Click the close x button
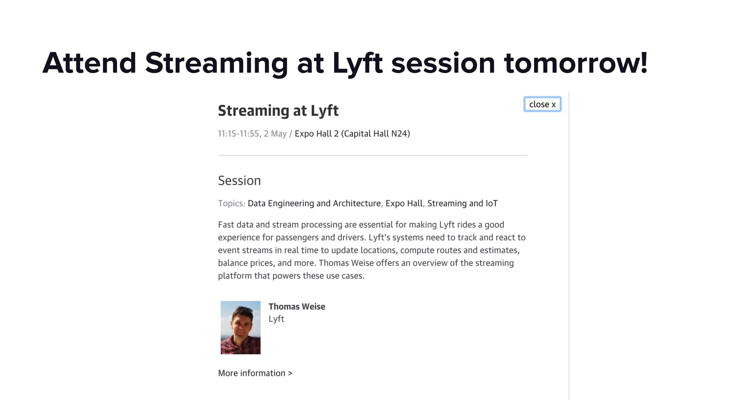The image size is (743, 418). click(542, 104)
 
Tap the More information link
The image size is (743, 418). click(255, 373)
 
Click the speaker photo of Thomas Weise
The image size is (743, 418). click(241, 328)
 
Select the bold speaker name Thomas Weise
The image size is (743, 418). click(297, 307)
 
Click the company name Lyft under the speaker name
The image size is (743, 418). click(276, 319)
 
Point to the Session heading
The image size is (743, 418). click(239, 181)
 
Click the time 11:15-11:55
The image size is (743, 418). click(238, 134)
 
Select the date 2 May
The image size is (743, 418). click(275, 134)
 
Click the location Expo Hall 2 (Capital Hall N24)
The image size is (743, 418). click(352, 134)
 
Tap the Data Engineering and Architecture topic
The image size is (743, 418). click(314, 204)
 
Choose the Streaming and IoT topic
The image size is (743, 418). click(462, 204)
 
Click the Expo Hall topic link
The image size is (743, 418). click(404, 204)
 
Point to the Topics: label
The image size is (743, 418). click(231, 204)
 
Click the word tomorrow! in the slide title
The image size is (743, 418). click(575, 63)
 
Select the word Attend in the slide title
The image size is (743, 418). click(89, 63)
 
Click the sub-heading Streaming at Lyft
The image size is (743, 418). click(278, 111)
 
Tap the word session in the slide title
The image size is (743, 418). click(443, 63)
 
